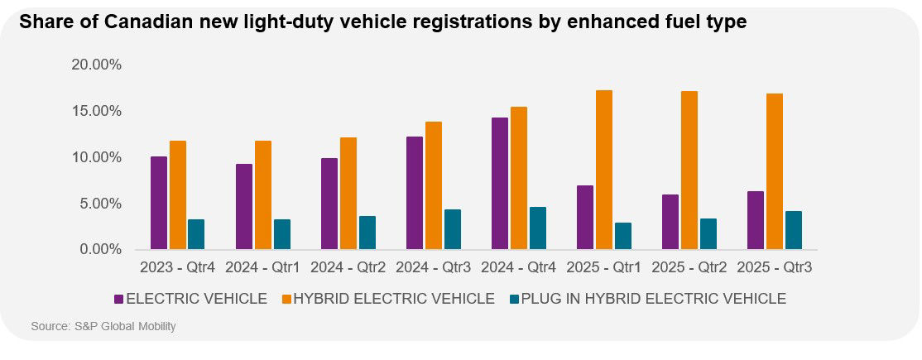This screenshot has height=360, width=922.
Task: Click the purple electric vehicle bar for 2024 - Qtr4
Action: coord(499,183)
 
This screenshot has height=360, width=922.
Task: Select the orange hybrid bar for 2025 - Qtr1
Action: coord(604,170)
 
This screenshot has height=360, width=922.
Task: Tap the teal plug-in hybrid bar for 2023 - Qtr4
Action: coord(195,234)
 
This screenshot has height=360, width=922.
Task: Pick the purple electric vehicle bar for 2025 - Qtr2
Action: coord(670,222)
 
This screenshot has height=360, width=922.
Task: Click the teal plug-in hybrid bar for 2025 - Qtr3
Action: coord(793,230)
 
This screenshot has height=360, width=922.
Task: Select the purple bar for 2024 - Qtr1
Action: coord(243,206)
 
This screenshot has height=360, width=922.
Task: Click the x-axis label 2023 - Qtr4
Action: coord(177,268)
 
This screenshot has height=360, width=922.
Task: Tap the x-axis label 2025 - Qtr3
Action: coord(774,268)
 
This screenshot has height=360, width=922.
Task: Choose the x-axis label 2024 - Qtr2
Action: coord(348,268)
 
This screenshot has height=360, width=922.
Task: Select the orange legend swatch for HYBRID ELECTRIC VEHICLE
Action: coord(286,299)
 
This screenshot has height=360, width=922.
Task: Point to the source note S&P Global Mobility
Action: coord(103,327)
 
